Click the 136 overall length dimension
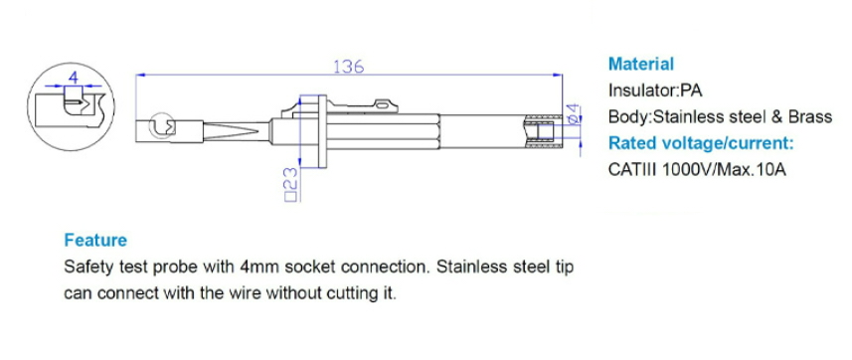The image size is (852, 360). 348,67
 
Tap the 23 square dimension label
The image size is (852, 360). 292,185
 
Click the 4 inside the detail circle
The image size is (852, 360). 74,77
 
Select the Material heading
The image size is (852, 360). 641,64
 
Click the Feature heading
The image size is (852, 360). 95,240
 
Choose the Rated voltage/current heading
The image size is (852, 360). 701,143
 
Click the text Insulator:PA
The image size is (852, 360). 655,90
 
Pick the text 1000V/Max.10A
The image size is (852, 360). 724,170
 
